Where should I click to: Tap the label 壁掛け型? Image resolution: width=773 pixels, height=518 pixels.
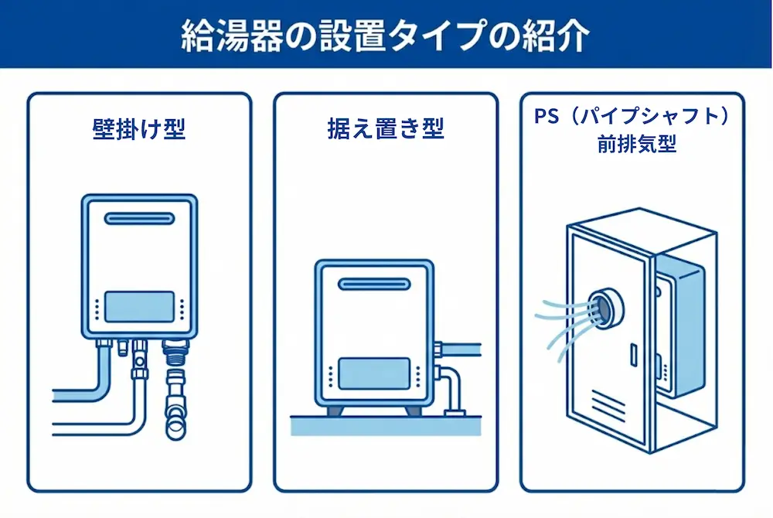139,128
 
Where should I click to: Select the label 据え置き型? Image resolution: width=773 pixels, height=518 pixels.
386,128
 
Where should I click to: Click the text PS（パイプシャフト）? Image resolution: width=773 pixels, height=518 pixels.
632,116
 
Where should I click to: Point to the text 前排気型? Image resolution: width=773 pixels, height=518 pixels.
632,145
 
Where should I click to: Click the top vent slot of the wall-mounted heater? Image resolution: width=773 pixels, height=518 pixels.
139,220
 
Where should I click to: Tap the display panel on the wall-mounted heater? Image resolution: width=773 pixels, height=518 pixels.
139,306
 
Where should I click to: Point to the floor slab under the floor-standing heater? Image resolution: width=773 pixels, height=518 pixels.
386,424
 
